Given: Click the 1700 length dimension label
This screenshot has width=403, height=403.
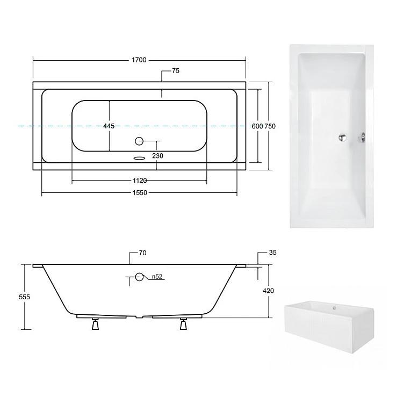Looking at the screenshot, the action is [x=139, y=60].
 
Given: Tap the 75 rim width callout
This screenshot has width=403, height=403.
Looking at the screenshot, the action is [x=176, y=71].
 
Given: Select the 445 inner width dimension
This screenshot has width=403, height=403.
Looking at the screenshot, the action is [x=109, y=126].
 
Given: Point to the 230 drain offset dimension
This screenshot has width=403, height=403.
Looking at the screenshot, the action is [x=157, y=156].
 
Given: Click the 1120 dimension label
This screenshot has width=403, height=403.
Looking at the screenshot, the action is [x=140, y=181].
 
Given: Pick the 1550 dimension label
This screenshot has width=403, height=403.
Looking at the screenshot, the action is [x=140, y=193].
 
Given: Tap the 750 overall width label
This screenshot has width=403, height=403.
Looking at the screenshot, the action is [x=270, y=126].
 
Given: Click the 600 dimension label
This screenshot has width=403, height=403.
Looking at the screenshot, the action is [x=257, y=126].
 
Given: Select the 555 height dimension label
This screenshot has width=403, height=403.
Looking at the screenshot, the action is [x=24, y=297].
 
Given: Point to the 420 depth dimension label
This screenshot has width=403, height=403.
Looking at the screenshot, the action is [x=268, y=291].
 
